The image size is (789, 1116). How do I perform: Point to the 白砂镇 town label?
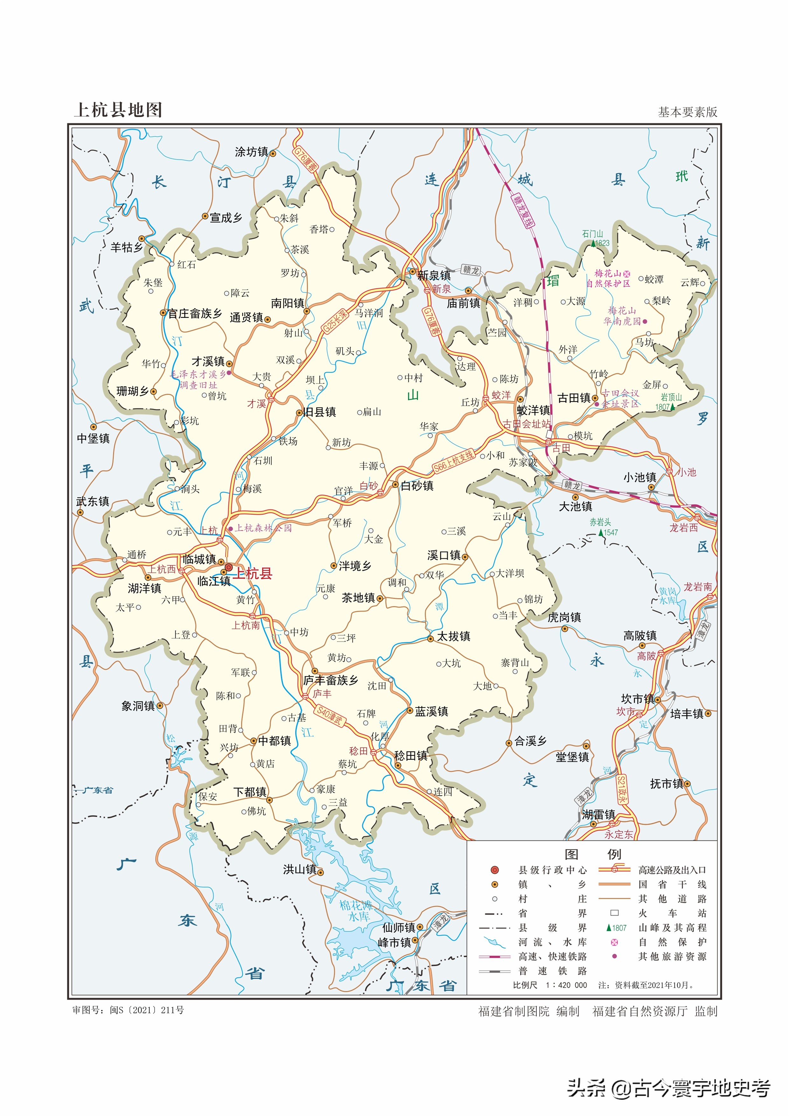point(417,485)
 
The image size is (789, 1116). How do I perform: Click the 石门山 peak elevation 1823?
point(602,243)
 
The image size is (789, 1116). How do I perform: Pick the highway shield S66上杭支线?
point(453,461)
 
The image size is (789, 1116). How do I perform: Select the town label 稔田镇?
point(410,756)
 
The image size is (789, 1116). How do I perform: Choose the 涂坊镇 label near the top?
point(251,152)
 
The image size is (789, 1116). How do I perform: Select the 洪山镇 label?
point(299,869)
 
